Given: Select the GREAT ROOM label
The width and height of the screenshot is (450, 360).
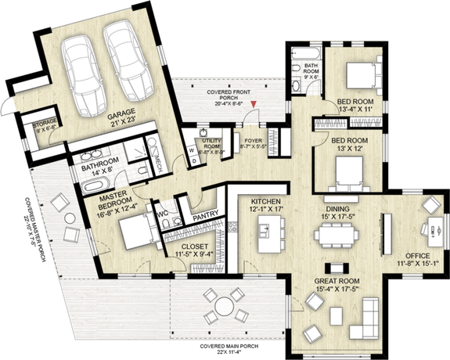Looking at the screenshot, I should pos(337,279).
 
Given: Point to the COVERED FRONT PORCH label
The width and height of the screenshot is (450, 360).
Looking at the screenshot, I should pos(224,95).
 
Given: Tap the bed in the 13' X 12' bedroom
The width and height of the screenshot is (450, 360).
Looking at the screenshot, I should pos(345,170).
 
